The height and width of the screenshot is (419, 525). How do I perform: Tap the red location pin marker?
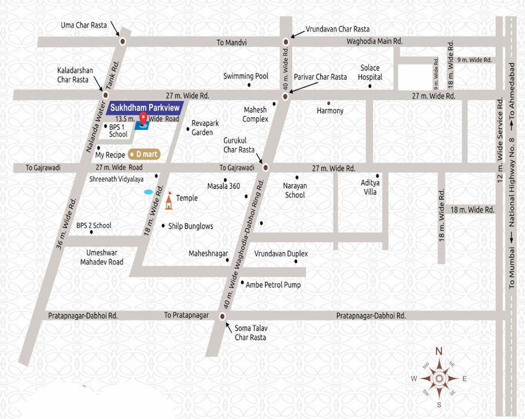(143, 118)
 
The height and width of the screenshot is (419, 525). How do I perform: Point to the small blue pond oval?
(148, 192)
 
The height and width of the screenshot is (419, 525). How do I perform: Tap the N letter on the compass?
(438, 352)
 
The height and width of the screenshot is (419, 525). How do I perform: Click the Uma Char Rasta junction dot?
(122, 41)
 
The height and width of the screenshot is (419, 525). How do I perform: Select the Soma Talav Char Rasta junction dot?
(222, 316)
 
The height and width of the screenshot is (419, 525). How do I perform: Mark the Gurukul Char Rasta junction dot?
(266, 167)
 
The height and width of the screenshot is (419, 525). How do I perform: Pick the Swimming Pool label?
(246, 76)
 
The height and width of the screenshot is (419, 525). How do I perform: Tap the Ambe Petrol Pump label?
(273, 285)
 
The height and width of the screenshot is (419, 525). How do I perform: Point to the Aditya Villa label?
(370, 187)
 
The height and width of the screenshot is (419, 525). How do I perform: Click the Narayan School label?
(295, 190)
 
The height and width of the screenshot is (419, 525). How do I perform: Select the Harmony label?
(330, 111)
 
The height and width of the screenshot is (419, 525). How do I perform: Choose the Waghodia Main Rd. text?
(374, 41)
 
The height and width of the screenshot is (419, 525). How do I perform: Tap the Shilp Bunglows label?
(191, 226)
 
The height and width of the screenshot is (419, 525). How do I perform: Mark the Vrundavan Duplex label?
(281, 254)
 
